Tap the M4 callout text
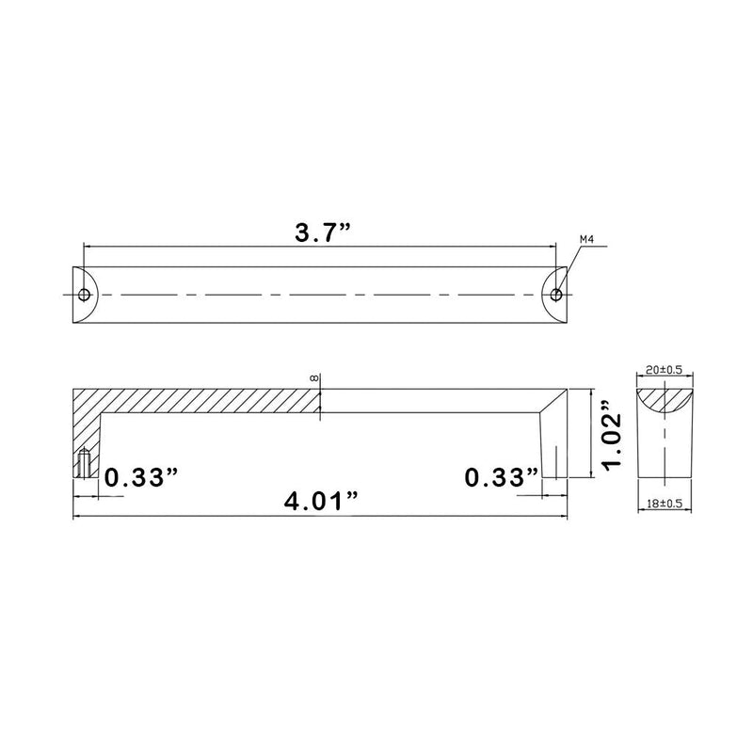(587, 240)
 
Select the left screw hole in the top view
(85, 295)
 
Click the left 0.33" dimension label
(141, 477)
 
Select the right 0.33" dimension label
(503, 477)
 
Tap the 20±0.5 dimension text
(665, 372)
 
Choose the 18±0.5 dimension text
(665, 505)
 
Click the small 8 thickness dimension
(313, 377)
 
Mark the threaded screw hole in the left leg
(86, 464)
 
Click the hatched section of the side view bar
(207, 400)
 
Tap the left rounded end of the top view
(80, 295)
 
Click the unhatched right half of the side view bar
(433, 400)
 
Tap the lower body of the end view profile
(665, 452)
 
